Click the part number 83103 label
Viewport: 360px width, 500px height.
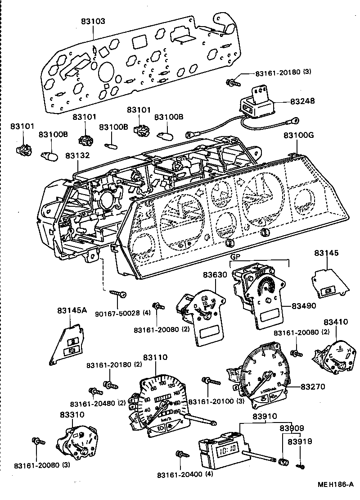93,21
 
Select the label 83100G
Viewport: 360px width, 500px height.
297,135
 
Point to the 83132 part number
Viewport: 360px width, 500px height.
77,155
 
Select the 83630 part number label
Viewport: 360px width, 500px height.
216,274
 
